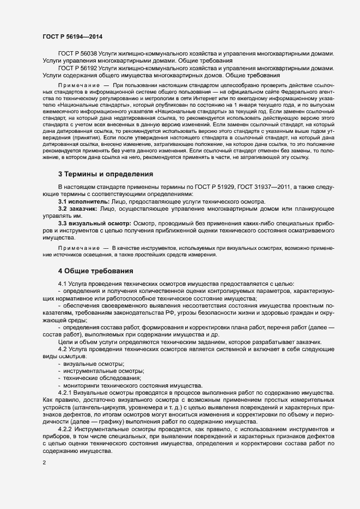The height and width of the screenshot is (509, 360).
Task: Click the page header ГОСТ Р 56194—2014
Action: (72, 36)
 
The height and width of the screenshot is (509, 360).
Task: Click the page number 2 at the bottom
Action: (44, 463)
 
